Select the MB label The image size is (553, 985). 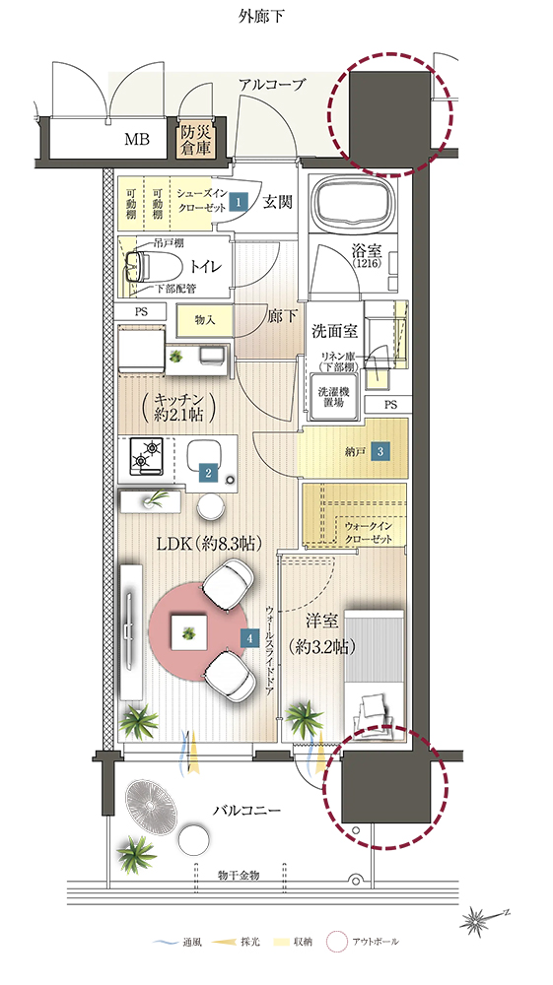point(136,140)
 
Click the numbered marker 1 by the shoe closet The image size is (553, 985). point(238,201)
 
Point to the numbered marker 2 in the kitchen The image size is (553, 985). point(209,473)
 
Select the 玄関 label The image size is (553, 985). point(276,202)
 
